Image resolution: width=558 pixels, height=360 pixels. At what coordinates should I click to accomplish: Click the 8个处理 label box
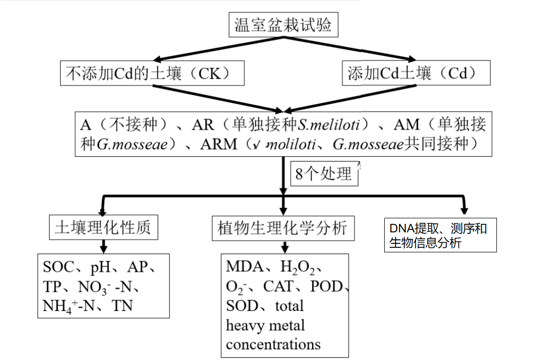click(324, 174)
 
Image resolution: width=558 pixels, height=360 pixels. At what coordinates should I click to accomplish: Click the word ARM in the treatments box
click(218, 144)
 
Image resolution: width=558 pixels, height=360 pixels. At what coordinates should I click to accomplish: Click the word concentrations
click(273, 344)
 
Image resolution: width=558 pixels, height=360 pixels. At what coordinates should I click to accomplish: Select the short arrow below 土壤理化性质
click(104, 246)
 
